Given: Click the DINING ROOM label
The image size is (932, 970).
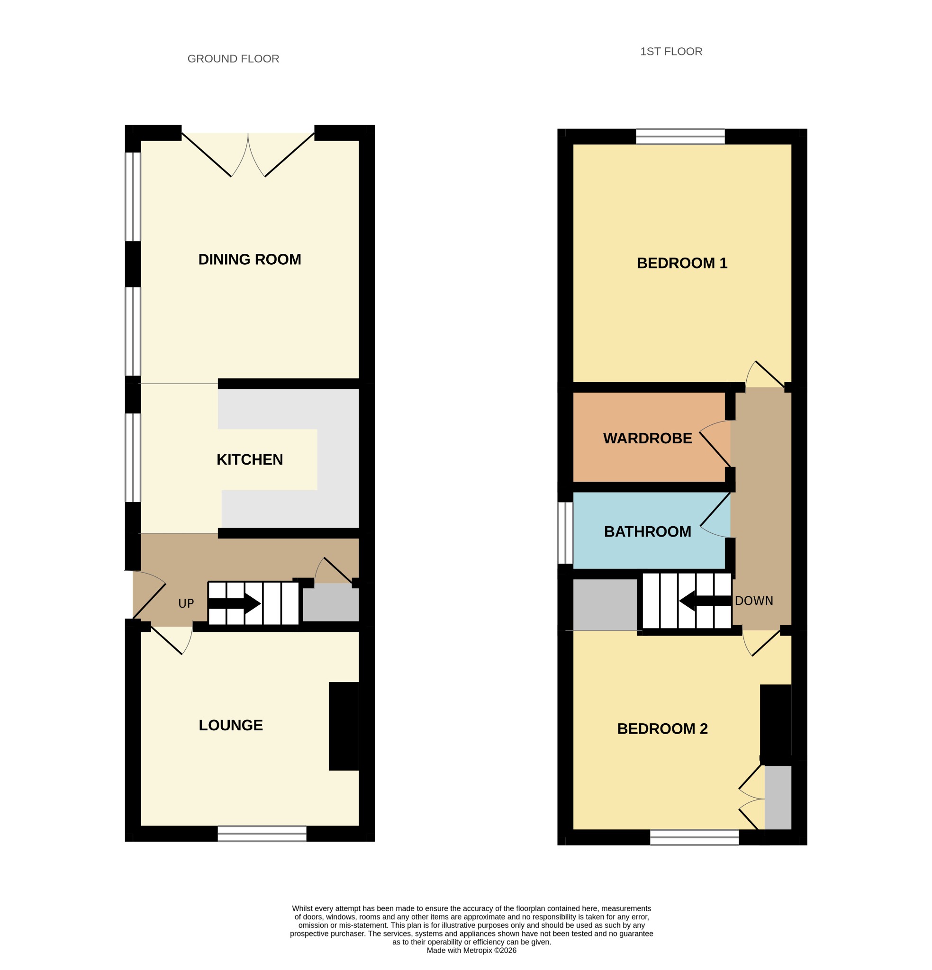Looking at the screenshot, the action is (250, 260).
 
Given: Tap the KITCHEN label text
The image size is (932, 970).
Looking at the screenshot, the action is (250, 459).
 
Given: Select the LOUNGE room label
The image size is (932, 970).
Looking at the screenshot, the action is (231, 725).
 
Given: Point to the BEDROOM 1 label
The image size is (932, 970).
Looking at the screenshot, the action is (682, 263).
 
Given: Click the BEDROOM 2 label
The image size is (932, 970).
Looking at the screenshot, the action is (662, 728).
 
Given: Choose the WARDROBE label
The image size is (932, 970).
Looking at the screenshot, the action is (647, 438).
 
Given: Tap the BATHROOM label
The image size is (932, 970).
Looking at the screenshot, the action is (647, 531).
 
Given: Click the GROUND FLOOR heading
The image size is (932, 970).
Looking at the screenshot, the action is (233, 59).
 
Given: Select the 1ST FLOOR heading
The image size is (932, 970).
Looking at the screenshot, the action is (671, 52).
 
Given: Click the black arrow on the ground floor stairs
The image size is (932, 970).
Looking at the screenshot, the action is (234, 604).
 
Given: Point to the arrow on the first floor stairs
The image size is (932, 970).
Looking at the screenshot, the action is (705, 602).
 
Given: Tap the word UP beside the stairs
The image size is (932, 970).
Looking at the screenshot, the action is (186, 603).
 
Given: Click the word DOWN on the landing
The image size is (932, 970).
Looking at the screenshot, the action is (754, 601).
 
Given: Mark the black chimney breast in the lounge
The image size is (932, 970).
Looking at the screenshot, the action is (344, 726).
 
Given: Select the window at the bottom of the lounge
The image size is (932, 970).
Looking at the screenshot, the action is (262, 834).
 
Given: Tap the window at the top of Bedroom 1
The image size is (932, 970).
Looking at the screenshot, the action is (680, 136).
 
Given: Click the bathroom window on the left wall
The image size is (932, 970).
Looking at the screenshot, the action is (565, 532).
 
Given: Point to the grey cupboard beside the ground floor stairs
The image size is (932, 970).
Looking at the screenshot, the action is (331, 602).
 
